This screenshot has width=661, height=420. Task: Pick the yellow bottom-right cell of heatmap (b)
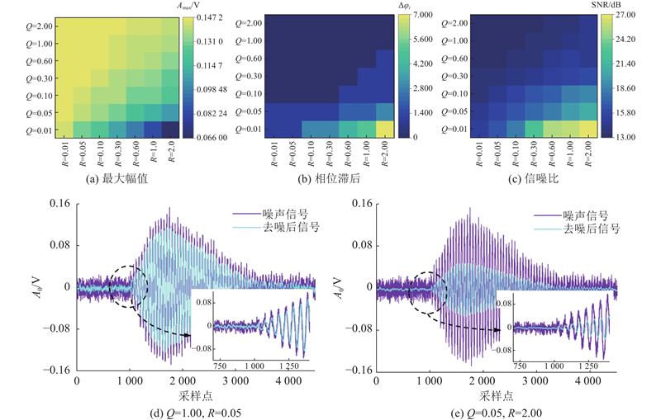[385, 128]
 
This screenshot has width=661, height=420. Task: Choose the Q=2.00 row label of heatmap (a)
[39, 24]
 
